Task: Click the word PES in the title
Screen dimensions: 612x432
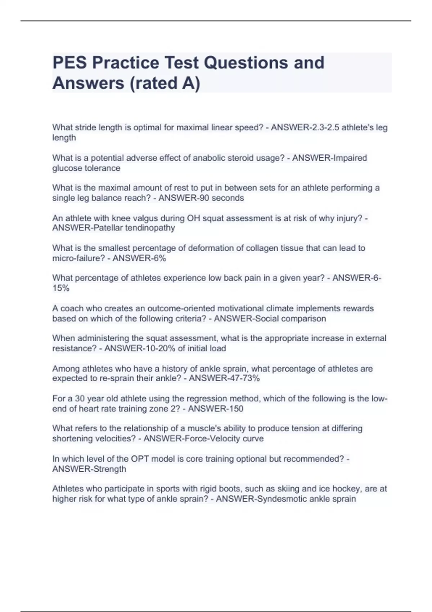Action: (70, 63)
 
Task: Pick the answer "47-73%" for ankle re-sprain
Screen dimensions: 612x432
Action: (244, 378)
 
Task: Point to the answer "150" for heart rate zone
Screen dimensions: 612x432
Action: (236, 409)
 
